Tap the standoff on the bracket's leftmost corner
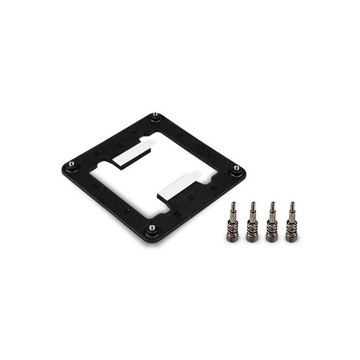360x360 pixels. click(71, 164)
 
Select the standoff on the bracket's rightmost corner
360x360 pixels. click(236, 168)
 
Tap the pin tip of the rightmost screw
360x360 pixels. click(292, 205)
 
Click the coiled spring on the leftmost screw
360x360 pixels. click(234, 226)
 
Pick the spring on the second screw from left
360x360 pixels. click(252, 227)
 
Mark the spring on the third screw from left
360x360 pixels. click(271, 227)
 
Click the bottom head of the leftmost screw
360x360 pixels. click(234, 238)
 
